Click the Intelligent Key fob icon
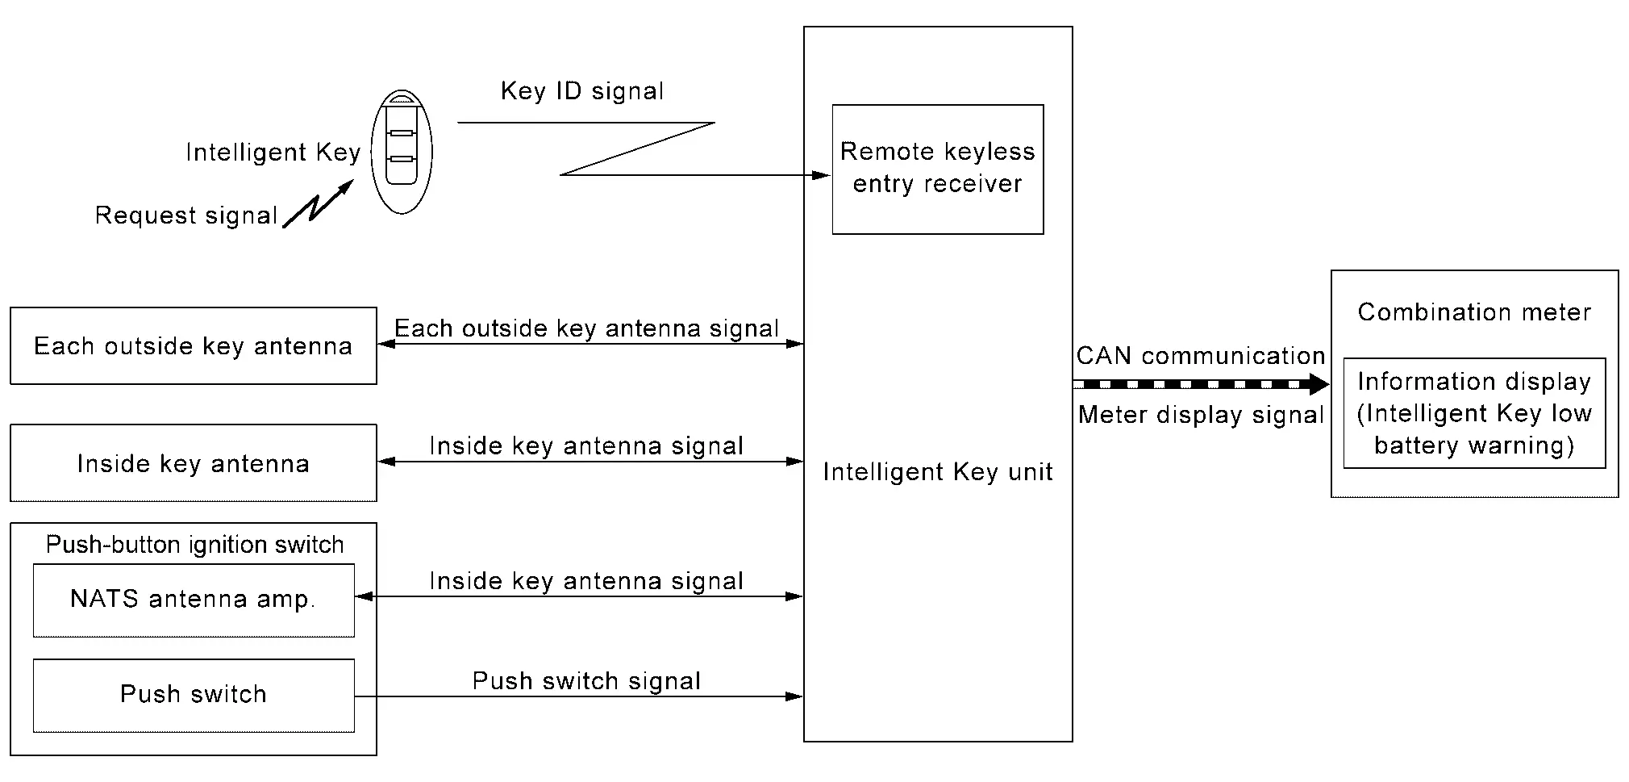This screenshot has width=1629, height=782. tap(402, 151)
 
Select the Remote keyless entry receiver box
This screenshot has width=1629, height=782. tap(937, 169)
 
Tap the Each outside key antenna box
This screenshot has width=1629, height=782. tap(193, 345)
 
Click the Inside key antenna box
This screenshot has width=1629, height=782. tap(193, 462)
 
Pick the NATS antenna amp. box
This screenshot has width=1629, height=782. tap(193, 600)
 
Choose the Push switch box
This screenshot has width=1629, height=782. tap(193, 695)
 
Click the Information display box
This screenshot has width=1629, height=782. tap(1473, 412)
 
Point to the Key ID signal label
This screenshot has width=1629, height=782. tap(582, 90)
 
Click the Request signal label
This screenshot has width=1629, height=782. tap(186, 215)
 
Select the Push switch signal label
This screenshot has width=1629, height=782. tap(586, 680)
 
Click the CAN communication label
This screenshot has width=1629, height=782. tap(1200, 356)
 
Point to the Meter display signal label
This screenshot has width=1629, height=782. tap(1200, 415)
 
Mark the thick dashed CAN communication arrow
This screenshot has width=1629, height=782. tap(1200, 384)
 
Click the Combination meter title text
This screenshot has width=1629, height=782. tap(1473, 312)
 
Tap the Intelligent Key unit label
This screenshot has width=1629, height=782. tap(937, 471)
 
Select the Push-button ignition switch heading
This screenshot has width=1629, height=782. tap(194, 545)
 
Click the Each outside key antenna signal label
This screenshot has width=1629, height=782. tap(586, 328)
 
